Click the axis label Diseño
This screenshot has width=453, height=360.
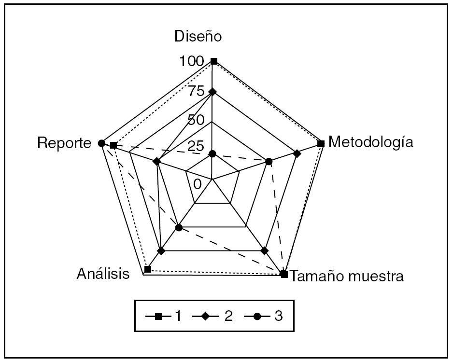[198, 37]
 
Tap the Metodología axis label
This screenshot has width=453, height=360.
[370, 142]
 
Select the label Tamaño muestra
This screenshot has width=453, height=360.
[348, 277]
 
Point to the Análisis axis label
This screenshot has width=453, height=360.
[103, 274]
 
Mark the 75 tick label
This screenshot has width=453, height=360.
[196, 91]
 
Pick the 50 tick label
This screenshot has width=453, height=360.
[196, 120]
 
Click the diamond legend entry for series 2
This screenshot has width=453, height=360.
[213, 317]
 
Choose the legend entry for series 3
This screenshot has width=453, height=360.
[263, 317]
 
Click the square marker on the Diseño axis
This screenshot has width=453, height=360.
[214, 61]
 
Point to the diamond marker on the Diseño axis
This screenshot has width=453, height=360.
[212, 92]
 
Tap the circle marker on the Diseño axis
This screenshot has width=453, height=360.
[212, 154]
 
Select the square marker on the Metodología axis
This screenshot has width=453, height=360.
[321, 143]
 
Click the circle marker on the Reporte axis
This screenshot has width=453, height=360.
[101, 143]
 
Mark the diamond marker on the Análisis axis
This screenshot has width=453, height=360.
[161, 251]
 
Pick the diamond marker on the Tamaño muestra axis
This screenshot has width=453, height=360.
[264, 250]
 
